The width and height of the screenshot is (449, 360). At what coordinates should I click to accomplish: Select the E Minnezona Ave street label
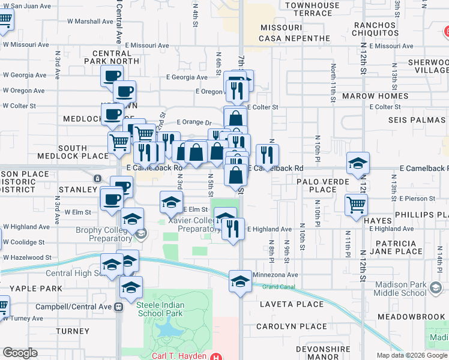(275, 275)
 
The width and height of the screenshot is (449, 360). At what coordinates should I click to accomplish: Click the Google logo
(20, 353)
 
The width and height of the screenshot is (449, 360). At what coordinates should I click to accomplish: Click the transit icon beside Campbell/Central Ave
(118, 307)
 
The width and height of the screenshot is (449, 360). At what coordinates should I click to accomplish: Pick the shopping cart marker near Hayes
(357, 205)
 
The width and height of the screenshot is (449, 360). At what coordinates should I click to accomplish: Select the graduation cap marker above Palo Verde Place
(358, 163)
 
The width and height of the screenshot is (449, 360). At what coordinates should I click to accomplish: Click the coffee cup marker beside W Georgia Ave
(112, 76)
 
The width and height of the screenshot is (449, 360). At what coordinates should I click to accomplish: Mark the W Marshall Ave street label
(90, 21)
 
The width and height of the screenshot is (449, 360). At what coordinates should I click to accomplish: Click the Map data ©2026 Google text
(412, 355)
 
